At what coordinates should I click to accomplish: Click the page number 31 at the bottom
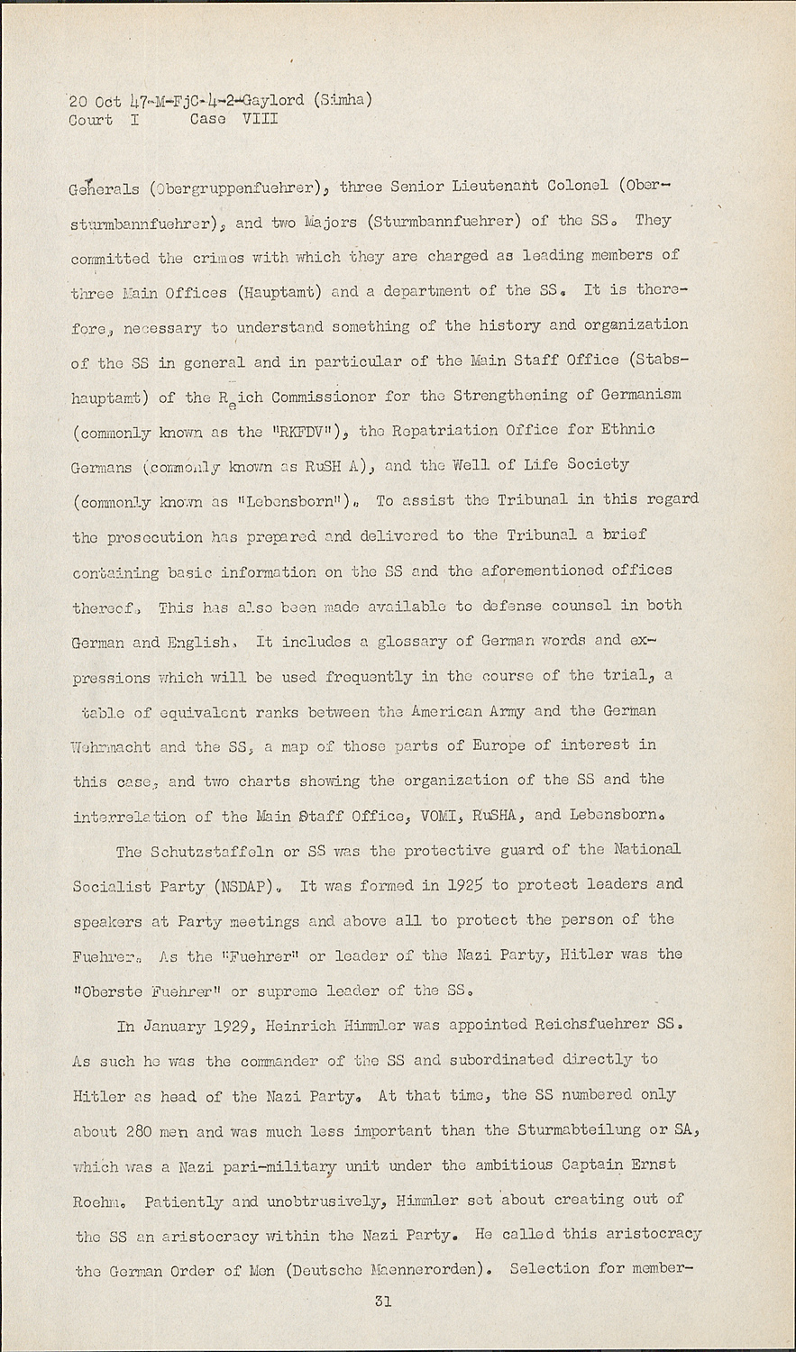pos(382,1302)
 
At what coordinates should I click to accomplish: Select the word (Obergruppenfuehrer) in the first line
pos(238,188)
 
